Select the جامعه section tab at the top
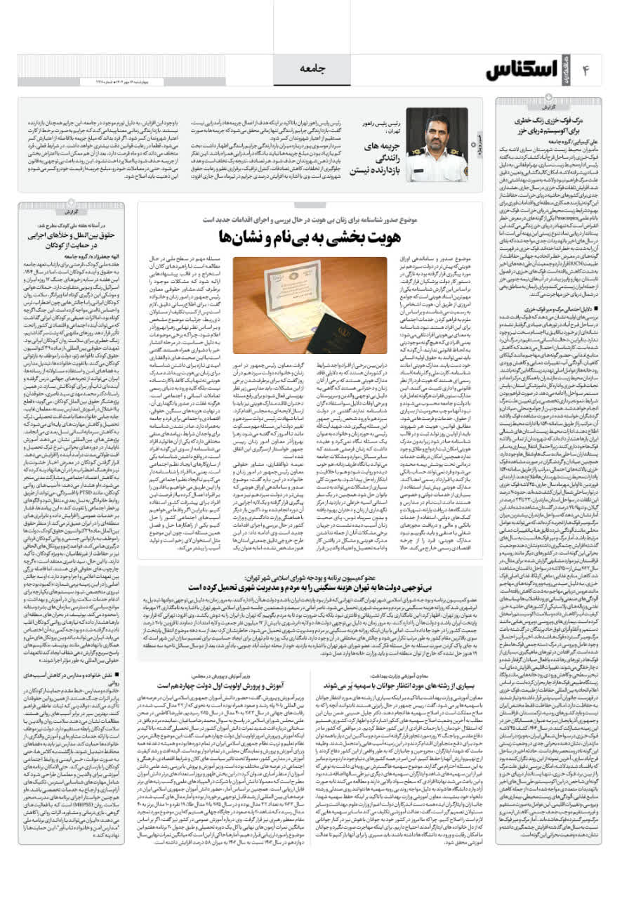point(313,67)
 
